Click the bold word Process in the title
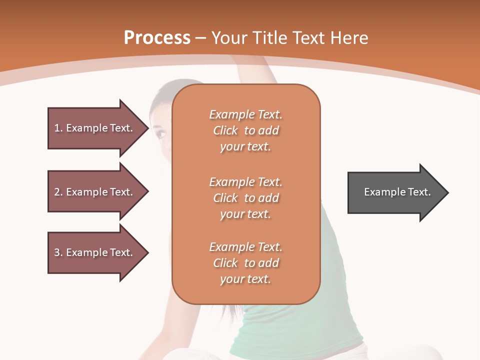157,38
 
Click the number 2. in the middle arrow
58,192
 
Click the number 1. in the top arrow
58,128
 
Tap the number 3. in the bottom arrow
58,252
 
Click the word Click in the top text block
225,130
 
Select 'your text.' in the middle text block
245,214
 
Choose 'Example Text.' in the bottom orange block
245,247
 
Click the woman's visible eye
160,134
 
